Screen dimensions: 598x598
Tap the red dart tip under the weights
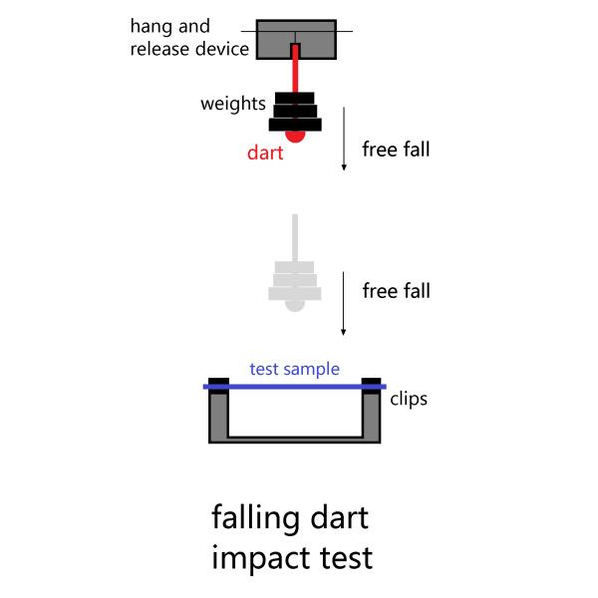tap(295, 135)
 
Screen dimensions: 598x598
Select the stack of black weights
tap(295, 112)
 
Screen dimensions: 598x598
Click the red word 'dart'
tap(266, 153)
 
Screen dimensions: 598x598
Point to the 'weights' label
tap(233, 104)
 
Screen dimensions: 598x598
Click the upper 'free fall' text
tap(397, 150)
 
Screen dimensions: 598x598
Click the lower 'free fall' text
tap(397, 291)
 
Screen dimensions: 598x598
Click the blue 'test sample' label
tap(294, 369)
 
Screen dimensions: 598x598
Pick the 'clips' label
tap(409, 399)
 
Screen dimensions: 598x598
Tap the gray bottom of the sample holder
tap(294, 439)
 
